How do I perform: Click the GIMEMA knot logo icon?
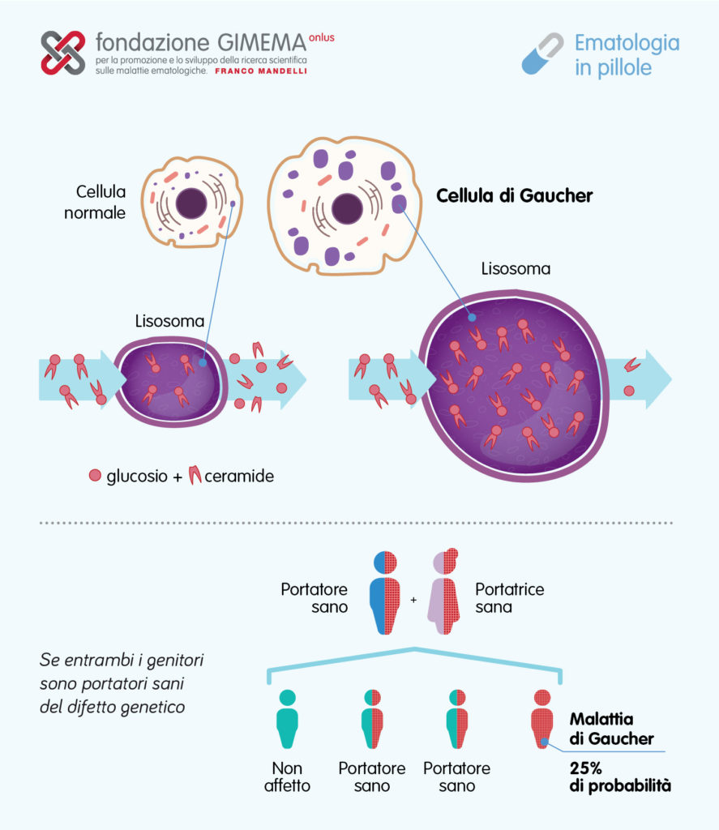(63, 53)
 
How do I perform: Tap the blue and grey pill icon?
(542, 53)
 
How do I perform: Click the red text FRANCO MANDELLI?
(261, 71)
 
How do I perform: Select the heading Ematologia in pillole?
(627, 55)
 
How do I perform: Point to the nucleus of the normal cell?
(191, 203)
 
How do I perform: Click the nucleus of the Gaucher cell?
(347, 208)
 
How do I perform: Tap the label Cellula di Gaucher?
(514, 196)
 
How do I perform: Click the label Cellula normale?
(96, 202)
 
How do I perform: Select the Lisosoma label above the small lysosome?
(169, 321)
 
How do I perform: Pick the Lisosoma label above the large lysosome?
(516, 268)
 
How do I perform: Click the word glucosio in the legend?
(137, 476)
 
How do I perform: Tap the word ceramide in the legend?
(239, 476)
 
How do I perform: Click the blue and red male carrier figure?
(386, 593)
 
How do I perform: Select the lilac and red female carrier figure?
(443, 591)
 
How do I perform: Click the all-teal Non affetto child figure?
(288, 719)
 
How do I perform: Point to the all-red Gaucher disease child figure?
(542, 719)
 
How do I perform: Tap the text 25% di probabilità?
(620, 777)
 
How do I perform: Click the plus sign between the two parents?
(413, 600)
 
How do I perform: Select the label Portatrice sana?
(509, 597)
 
